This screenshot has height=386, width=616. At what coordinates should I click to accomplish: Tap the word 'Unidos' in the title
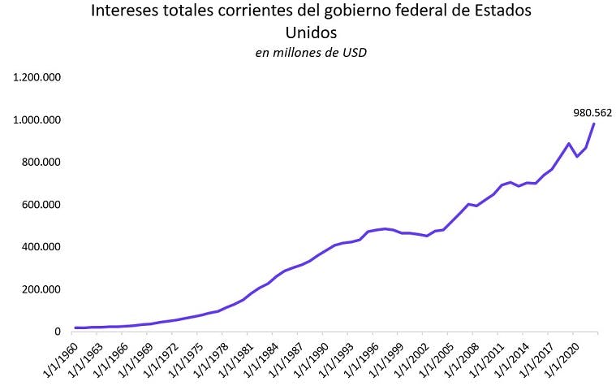[310, 33]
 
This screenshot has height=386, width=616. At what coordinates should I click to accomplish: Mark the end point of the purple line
[594, 124]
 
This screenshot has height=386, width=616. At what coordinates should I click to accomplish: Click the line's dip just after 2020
[577, 156]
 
